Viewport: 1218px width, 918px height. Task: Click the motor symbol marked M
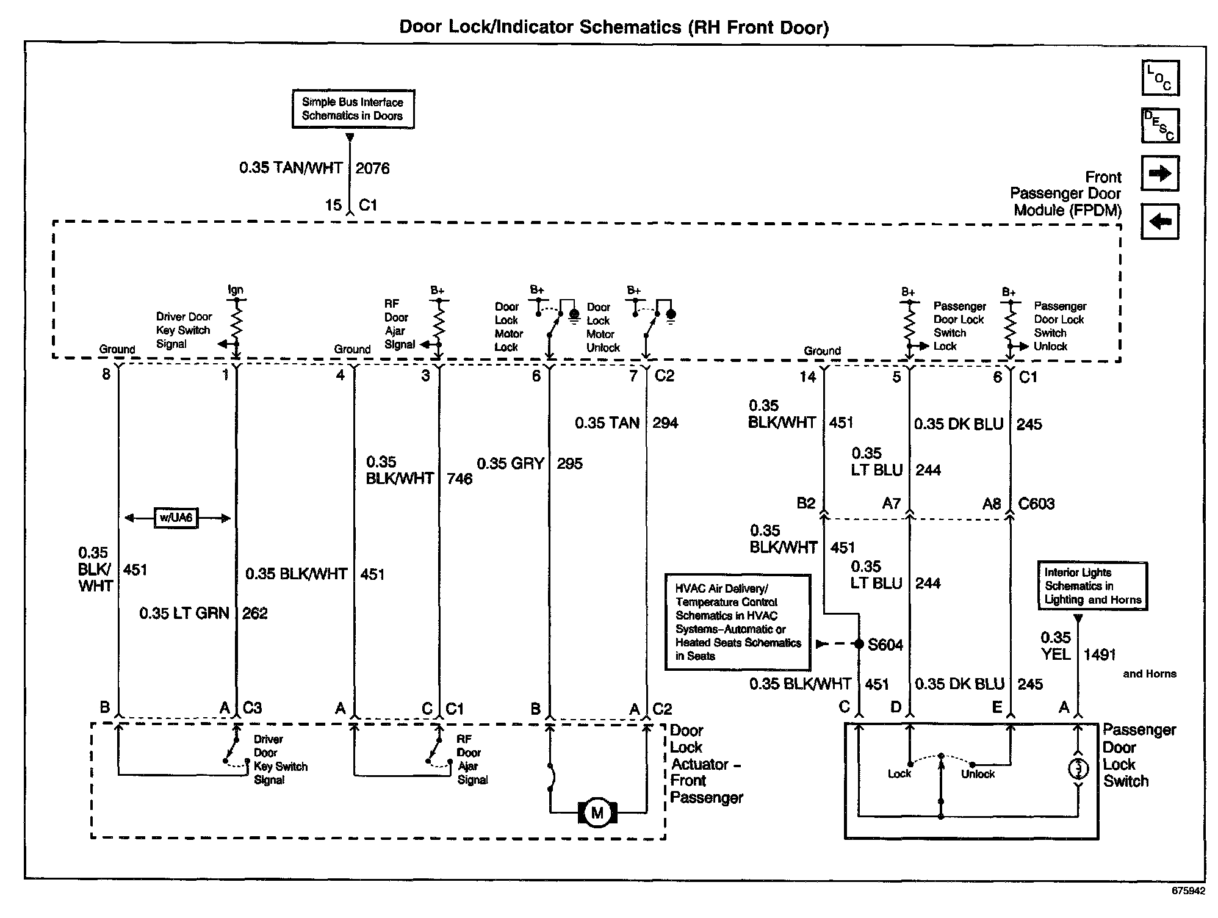point(597,812)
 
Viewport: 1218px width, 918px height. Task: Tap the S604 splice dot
point(859,644)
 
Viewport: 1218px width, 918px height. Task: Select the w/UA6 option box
point(176,518)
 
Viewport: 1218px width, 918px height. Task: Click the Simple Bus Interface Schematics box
point(353,109)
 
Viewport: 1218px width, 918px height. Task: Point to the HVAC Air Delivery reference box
point(738,622)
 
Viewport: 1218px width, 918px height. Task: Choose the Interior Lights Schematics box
point(1092,586)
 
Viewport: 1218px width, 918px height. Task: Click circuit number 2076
point(372,168)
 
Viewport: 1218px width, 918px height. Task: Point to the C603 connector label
point(1036,504)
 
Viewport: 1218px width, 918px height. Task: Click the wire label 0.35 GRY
point(510,464)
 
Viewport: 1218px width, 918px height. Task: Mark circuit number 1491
point(1100,655)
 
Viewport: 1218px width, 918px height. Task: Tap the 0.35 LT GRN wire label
point(184,613)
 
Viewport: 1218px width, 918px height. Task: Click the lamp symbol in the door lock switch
point(1078,769)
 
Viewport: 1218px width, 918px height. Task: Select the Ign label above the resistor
point(235,291)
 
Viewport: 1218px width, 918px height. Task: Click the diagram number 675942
point(1188,891)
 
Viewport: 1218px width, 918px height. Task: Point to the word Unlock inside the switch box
point(978,775)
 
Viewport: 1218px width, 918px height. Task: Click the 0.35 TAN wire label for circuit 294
point(607,423)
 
